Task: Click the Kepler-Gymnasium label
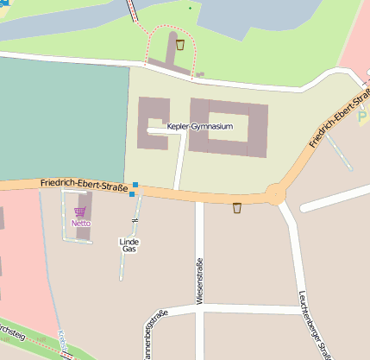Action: tap(200, 127)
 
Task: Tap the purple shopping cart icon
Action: tap(80, 212)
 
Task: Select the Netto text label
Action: tap(80, 224)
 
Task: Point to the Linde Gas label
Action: tap(129, 245)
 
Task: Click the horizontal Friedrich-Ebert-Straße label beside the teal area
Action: tap(84, 185)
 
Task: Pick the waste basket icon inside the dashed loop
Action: tap(179, 44)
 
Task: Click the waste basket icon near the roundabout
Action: tap(237, 207)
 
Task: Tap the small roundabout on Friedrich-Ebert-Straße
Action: tap(276, 193)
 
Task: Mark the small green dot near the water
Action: tap(190, 8)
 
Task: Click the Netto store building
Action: tap(83, 216)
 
